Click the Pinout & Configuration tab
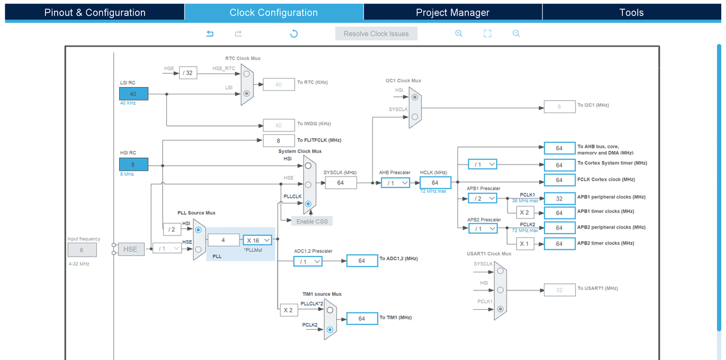point(94,12)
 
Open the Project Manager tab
point(453,12)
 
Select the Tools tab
point(632,12)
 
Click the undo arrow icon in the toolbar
point(210,33)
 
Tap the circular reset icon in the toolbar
point(294,33)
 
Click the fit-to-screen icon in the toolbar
point(488,33)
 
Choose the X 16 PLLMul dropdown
point(257,240)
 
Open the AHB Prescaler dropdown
point(396,183)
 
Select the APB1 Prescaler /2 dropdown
point(482,198)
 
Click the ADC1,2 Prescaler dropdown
point(308,261)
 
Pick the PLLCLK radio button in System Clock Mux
point(308,204)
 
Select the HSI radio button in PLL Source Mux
point(198,230)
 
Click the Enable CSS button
point(312,221)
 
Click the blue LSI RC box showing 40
point(134,94)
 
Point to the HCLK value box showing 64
point(435,183)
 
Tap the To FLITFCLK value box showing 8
point(279,140)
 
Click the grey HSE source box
point(131,249)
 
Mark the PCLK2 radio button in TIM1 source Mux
point(330,330)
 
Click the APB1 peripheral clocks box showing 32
point(560,198)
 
